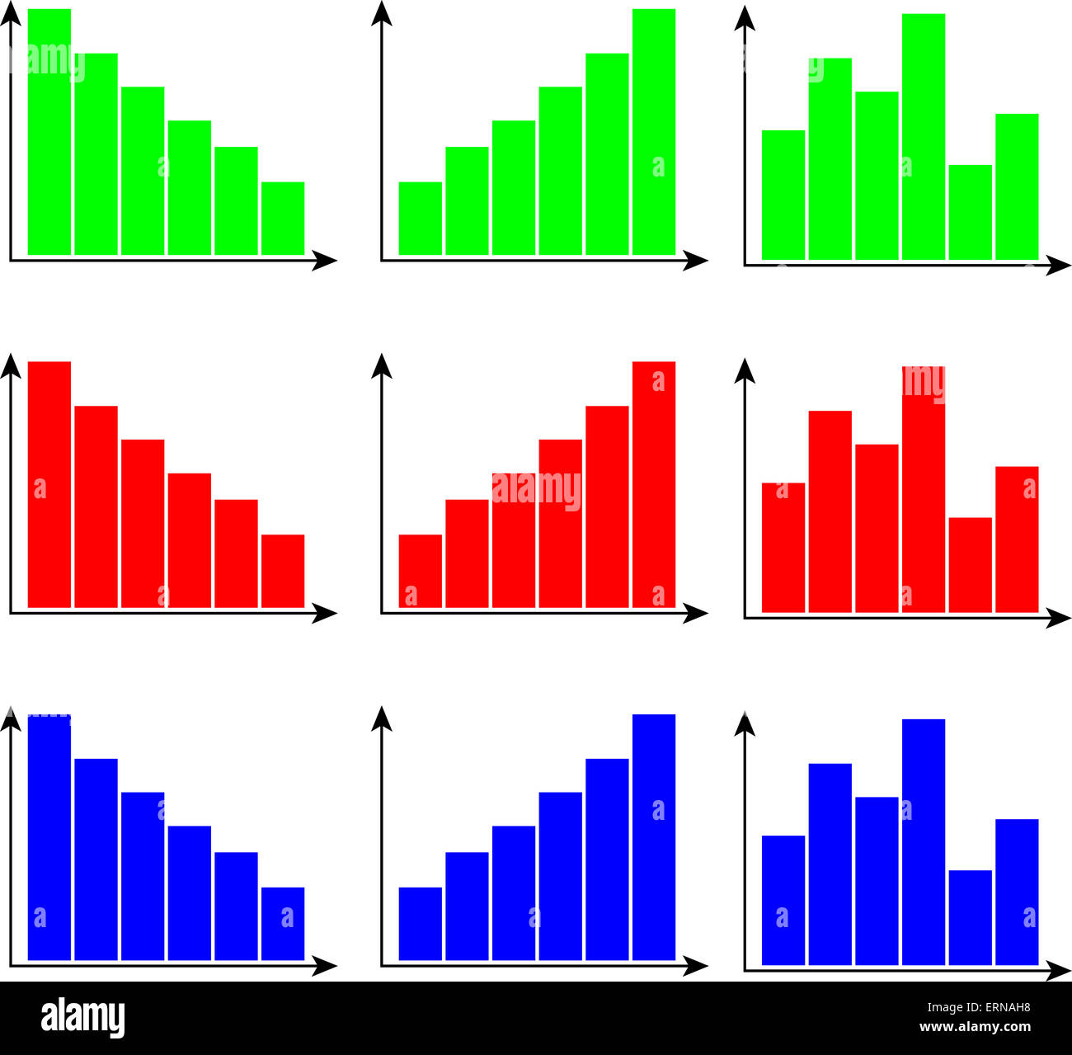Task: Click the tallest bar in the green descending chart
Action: [x=49, y=132]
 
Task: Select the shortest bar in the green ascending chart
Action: [x=420, y=219]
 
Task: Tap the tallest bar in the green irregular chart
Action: [x=923, y=137]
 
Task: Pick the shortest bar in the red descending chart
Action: [x=283, y=571]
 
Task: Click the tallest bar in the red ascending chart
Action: [x=653, y=484]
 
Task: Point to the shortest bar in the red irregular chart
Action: [x=970, y=565]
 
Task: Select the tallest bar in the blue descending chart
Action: [x=49, y=837]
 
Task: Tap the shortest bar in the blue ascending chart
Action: [x=420, y=924]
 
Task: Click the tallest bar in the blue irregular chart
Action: [x=923, y=841]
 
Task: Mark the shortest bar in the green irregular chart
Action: [x=970, y=213]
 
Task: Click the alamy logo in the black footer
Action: [x=82, y=1018]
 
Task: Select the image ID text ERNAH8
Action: [x=1001, y=1006]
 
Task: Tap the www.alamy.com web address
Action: [x=975, y=1028]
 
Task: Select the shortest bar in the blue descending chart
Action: [x=283, y=924]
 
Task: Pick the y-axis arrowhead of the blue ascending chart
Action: [x=381, y=718]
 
